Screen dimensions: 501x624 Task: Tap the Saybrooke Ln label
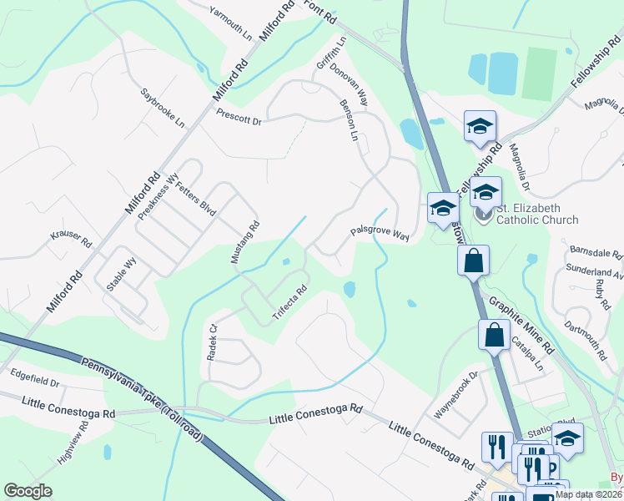162,108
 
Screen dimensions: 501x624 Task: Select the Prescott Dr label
239,117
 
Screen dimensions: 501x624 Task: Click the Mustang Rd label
246,240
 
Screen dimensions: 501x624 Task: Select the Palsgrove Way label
379,234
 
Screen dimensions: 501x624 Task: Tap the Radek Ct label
212,342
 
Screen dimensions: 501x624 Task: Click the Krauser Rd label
71,238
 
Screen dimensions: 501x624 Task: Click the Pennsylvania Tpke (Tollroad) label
143,400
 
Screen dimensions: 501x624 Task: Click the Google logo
28,491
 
